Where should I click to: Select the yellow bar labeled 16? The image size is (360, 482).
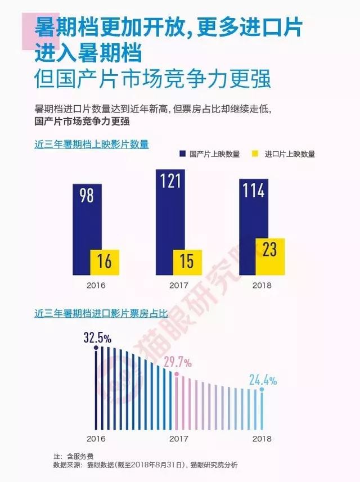pyautogui.click(x=105, y=262)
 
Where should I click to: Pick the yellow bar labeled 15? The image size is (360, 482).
pyautogui.click(x=187, y=262)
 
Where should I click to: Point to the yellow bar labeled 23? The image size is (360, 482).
pyautogui.click(x=270, y=256)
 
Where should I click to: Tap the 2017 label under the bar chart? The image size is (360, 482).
pyautogui.click(x=179, y=285)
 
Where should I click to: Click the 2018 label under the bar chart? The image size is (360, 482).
pyautogui.click(x=262, y=285)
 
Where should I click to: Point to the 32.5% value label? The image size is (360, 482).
pyautogui.click(x=97, y=338)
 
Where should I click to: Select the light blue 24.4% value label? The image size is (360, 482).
pyautogui.click(x=263, y=380)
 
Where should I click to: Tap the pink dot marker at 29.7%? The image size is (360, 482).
pyautogui.click(x=177, y=374)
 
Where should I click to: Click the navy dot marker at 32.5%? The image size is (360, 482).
pyautogui.click(x=96, y=348)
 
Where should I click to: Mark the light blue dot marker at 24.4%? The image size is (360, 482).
pyautogui.click(x=262, y=389)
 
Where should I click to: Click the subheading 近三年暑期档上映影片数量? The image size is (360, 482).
pyautogui.click(x=92, y=144)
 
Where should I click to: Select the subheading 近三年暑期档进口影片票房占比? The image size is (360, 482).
pyautogui.click(x=101, y=314)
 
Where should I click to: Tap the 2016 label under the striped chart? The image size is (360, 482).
pyautogui.click(x=96, y=438)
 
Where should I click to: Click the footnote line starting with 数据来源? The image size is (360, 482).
pyautogui.click(x=145, y=465)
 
